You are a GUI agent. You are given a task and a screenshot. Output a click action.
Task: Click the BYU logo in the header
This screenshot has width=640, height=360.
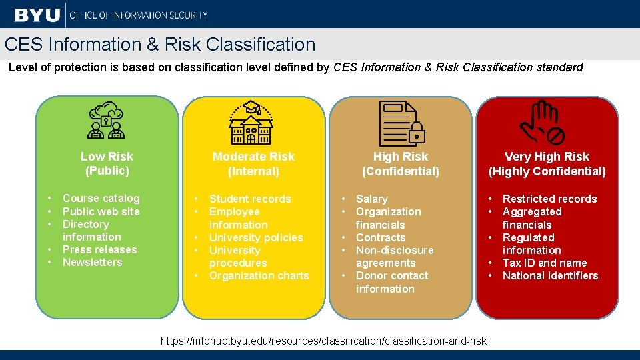tap(37, 14)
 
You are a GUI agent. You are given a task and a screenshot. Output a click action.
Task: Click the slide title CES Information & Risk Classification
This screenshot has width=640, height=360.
tap(160, 45)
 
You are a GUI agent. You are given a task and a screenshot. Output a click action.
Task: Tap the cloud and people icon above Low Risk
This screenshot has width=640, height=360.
tap(107, 121)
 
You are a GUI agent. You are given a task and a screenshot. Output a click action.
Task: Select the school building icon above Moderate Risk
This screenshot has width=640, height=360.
tap(251, 123)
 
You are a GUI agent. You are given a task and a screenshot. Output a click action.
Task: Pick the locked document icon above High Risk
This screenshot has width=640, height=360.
tap(401, 123)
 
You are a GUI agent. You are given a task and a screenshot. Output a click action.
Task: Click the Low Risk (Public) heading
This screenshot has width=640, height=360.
tap(107, 163)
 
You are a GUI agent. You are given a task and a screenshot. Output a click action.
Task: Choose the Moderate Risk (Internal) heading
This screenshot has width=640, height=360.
tap(253, 163)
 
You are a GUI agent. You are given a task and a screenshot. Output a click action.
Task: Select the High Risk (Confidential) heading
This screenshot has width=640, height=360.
tap(400, 163)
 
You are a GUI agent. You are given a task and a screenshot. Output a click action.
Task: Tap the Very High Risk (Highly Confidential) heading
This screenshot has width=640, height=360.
tap(547, 163)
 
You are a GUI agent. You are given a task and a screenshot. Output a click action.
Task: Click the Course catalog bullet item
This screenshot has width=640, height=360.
tap(101, 198)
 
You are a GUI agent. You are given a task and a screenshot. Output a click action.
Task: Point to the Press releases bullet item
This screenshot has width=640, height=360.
tap(99, 249)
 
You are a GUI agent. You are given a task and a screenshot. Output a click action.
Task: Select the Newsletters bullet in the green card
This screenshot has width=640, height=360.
tap(92, 262)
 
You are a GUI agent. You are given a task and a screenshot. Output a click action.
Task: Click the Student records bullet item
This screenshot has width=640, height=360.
tap(250, 199)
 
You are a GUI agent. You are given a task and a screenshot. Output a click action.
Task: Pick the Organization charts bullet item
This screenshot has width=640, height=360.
tap(259, 275)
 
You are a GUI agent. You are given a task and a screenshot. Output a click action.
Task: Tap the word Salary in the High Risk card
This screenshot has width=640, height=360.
tap(371, 199)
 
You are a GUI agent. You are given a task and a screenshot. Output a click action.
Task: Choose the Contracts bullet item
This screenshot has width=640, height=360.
tap(380, 237)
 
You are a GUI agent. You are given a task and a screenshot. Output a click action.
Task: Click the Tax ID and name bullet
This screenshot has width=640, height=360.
tap(544, 263)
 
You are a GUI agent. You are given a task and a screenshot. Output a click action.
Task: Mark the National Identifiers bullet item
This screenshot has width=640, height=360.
tap(550, 275)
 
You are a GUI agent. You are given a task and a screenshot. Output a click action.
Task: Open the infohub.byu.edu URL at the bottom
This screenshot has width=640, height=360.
tap(324, 341)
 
